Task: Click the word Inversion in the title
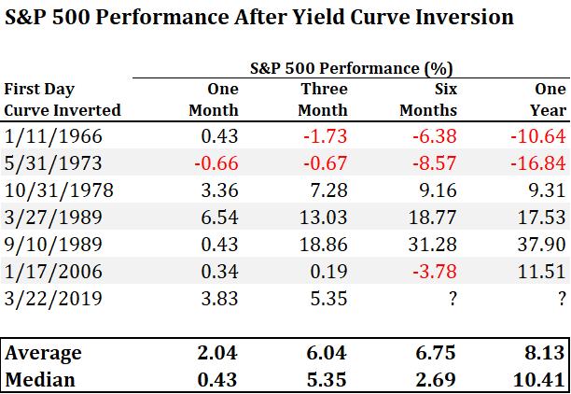[457, 18]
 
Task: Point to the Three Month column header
[324, 99]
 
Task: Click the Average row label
[44, 353]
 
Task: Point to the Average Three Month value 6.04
[328, 353]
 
